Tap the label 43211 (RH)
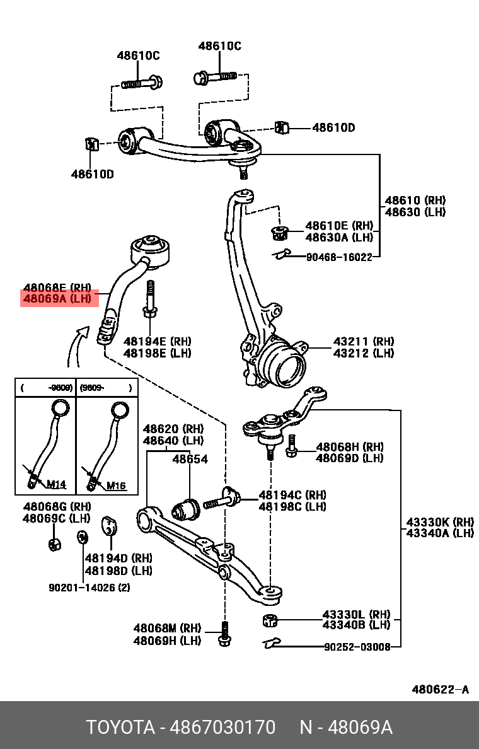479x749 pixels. coord(364,342)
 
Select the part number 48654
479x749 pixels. coord(190,460)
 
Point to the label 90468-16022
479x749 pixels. coord(339,257)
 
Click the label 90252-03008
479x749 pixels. coord(357,647)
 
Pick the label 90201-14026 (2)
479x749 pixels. coord(89,588)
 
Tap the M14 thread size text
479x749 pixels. coord(57,485)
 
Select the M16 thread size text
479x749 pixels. coord(116,485)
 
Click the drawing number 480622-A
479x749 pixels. coord(440,689)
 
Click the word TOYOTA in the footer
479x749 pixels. coord(120,728)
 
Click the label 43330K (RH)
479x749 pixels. coord(439,522)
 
